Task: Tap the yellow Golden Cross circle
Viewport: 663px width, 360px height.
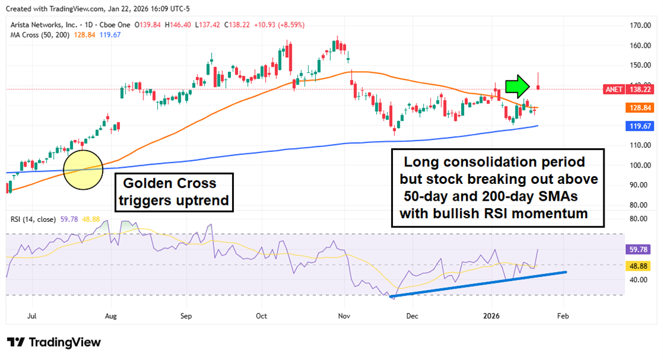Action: point(83,171)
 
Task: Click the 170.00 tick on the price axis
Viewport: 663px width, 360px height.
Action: point(639,26)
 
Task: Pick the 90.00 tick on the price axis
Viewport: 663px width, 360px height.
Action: point(639,185)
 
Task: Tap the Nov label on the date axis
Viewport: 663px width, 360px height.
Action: point(344,315)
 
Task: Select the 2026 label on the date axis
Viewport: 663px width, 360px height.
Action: point(492,315)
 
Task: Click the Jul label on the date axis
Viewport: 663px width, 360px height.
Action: point(33,315)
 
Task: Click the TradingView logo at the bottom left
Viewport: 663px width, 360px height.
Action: point(54,342)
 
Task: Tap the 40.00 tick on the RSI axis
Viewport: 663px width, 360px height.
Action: point(639,279)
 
